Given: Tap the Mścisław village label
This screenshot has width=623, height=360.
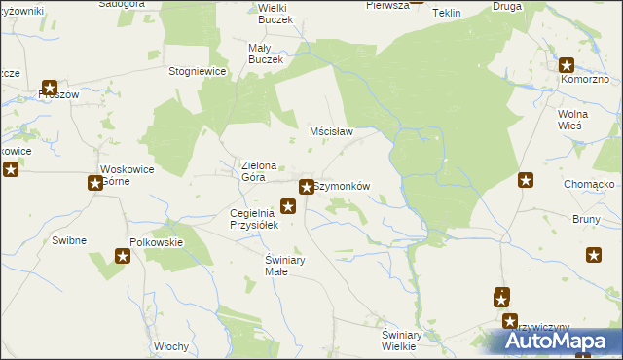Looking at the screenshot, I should pos(330,130).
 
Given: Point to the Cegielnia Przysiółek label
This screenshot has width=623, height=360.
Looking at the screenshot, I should pos(254,219).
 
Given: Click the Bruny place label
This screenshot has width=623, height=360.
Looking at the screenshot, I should pos(587,219).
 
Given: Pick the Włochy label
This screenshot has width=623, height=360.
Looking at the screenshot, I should pos(170,346).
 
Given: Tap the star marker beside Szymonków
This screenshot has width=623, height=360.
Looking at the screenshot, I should pos(307,186).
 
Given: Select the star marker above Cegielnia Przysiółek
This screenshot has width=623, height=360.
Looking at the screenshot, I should pos(288,205).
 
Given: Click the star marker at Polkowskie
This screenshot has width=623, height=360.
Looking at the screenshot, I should pos(124,256).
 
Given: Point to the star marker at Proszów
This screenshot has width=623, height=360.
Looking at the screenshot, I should pos(50,88).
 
